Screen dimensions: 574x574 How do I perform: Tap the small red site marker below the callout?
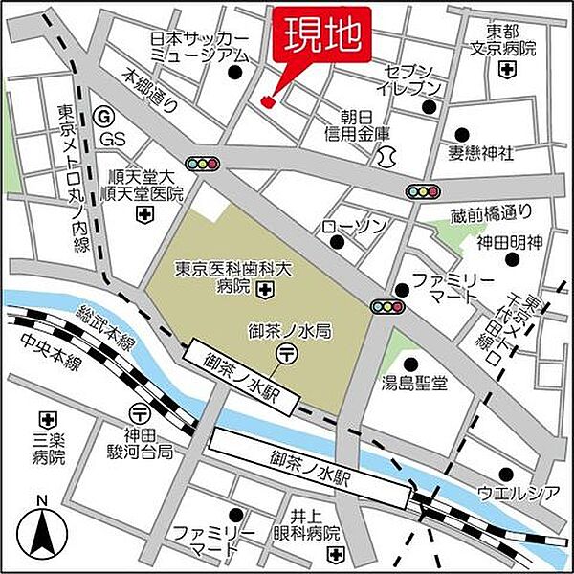[x=267, y=99]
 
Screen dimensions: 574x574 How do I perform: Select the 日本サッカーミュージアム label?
[x=199, y=47]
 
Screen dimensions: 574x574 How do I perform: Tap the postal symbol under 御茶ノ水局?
[x=284, y=354]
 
